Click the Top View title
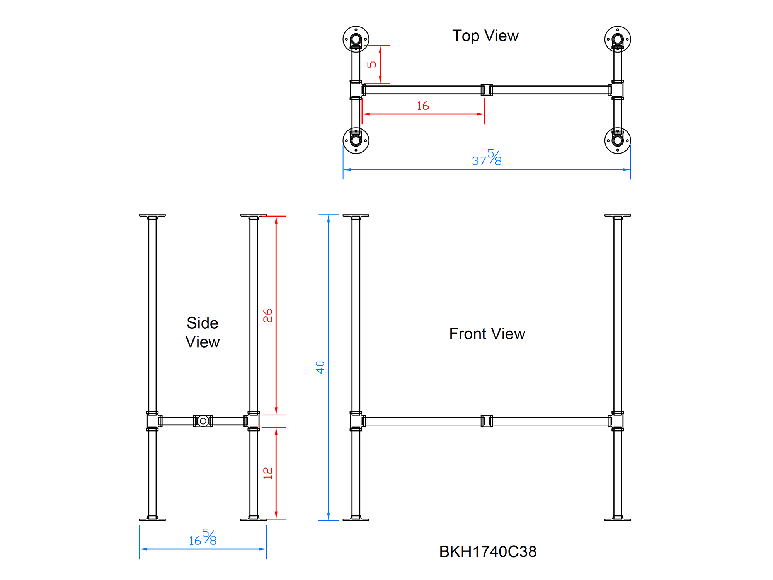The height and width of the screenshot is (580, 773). click(x=485, y=36)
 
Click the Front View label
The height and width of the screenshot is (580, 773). click(x=487, y=334)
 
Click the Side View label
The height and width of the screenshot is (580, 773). click(x=202, y=332)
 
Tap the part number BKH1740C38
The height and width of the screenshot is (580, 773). click(x=487, y=552)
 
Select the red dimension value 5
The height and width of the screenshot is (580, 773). click(x=372, y=64)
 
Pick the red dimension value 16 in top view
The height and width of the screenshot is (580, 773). click(x=422, y=106)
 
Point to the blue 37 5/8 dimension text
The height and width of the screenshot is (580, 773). click(x=487, y=158)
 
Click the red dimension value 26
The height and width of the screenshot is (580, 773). click(x=267, y=316)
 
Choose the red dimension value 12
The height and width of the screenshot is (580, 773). click(x=267, y=473)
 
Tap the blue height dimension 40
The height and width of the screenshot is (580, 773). click(x=320, y=367)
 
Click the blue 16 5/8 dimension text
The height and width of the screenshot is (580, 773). click(x=203, y=538)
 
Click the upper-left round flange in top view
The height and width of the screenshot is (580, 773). click(x=356, y=39)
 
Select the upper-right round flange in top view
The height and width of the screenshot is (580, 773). click(x=617, y=39)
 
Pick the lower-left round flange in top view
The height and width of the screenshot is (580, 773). click(x=356, y=140)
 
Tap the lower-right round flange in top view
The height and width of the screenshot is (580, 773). click(x=617, y=140)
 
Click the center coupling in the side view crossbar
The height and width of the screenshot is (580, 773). click(x=203, y=421)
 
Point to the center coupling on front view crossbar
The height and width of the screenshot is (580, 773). click(x=487, y=421)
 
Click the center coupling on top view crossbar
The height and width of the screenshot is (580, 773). click(x=487, y=90)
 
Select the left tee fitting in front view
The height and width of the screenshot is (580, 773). click(x=356, y=421)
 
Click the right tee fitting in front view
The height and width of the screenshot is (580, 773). click(x=617, y=421)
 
